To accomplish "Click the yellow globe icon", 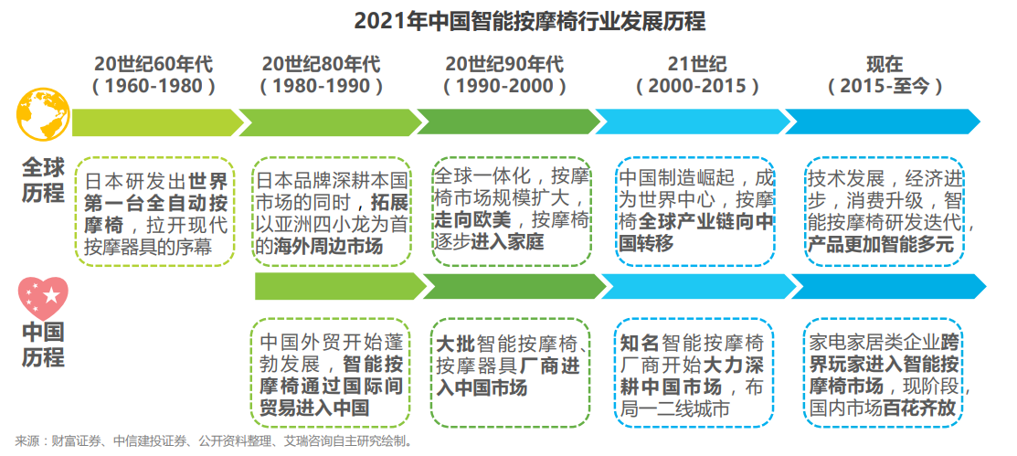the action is (43, 115).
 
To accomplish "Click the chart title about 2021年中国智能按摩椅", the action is (529, 21).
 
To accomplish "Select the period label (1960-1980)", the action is (154, 86).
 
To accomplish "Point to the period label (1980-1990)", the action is (321, 86).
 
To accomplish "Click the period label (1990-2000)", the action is (504, 86).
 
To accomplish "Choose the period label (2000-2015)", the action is (697, 86).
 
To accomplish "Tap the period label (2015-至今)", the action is (885, 86).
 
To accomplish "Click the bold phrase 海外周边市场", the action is (328, 246).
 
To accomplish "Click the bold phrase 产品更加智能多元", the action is (880, 245).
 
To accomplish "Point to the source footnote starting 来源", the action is (214, 442).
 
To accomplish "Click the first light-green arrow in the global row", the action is (156, 122).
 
